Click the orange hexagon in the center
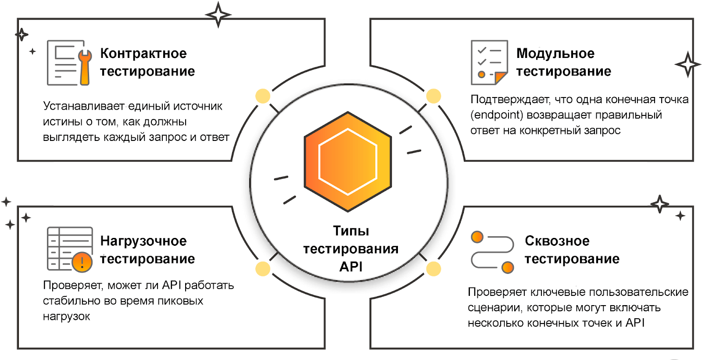coord(348,162)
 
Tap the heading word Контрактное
coord(143,54)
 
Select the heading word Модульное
coord(555,54)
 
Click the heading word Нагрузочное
coord(143,241)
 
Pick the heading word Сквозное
coord(557,241)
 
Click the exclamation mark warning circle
coord(82,262)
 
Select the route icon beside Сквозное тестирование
coord(492,252)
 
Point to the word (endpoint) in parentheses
coord(497,115)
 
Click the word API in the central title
coord(351,266)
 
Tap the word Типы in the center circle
coord(351,231)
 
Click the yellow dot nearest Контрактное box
coord(263,96)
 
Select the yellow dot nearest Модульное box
coord(433,96)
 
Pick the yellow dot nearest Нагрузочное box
coord(263,269)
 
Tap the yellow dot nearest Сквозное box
coord(433,269)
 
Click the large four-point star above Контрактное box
coord(218,14)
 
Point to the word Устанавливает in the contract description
coord(84,106)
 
